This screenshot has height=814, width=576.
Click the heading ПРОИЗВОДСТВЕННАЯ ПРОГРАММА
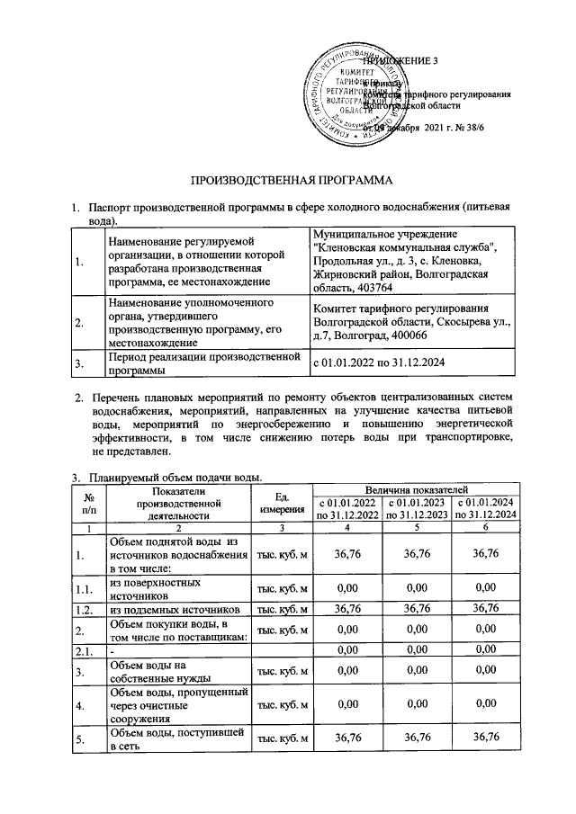coord(288,179)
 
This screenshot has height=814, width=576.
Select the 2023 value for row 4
coord(417,705)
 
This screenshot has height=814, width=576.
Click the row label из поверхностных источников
coord(148,588)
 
